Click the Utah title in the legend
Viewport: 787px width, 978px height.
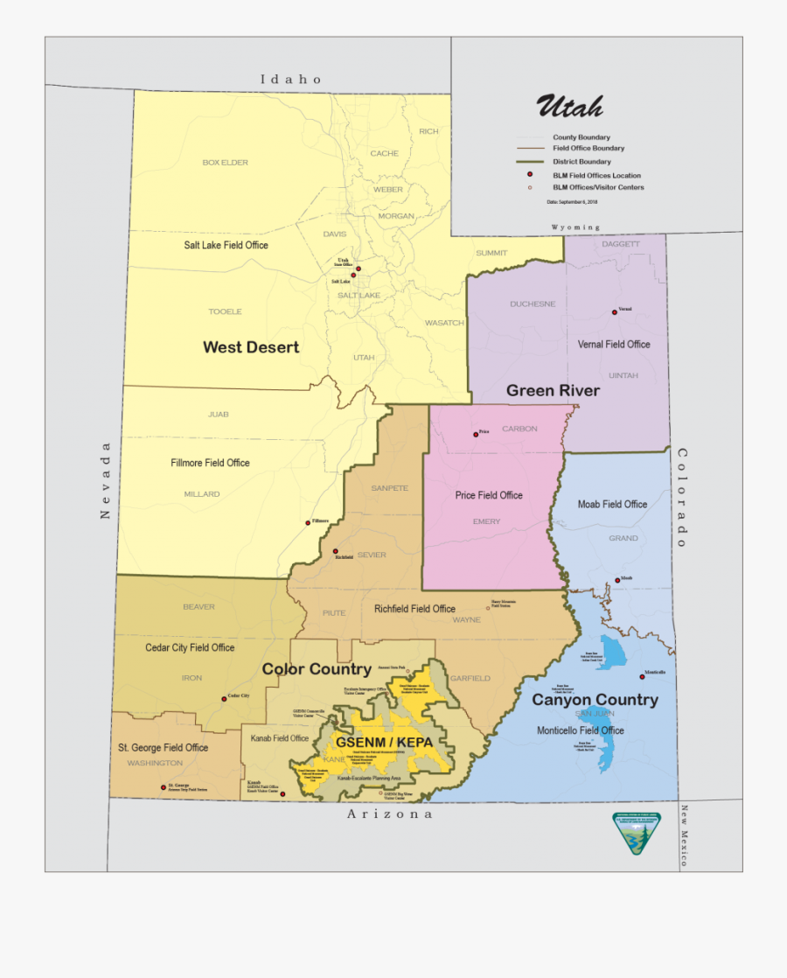click(569, 107)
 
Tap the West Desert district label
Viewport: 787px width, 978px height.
click(251, 347)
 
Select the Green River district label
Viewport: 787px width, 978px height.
click(553, 390)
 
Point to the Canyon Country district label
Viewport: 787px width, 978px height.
click(595, 700)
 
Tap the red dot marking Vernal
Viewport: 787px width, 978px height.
click(614, 312)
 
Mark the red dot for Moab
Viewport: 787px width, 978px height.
click(617, 580)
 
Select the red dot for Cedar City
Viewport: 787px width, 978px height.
click(224, 699)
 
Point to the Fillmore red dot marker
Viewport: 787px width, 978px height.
click(308, 523)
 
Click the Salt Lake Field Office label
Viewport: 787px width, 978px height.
click(226, 245)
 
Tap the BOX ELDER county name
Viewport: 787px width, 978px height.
click(226, 163)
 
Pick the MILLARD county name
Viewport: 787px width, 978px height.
click(202, 494)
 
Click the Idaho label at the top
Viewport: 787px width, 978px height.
click(291, 80)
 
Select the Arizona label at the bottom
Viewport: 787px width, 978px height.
click(390, 814)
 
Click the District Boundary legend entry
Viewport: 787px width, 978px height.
click(581, 162)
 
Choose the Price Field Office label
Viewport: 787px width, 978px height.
click(489, 495)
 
